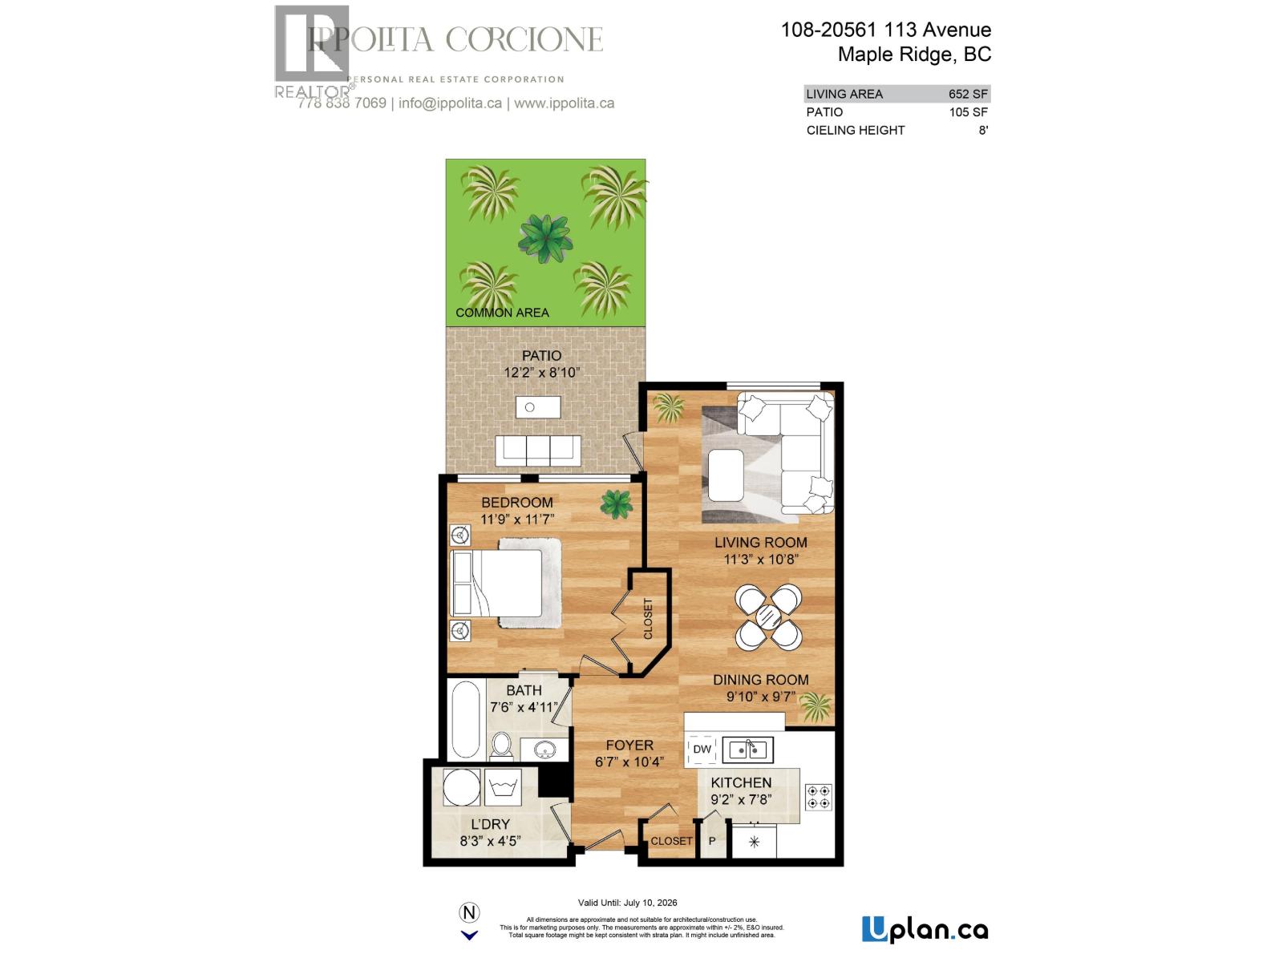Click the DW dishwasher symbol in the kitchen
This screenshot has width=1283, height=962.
click(702, 750)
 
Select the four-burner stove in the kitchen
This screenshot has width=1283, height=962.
click(819, 796)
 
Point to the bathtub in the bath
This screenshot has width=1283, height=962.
click(465, 719)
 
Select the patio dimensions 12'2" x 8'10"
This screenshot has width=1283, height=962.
click(542, 373)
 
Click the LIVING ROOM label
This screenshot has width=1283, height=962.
click(760, 543)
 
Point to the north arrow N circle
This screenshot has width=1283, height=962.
click(469, 912)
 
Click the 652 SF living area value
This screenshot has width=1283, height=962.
click(968, 94)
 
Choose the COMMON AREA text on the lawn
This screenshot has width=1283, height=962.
click(502, 313)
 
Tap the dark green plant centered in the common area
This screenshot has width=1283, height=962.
click(546, 238)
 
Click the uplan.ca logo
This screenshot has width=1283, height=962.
click(925, 930)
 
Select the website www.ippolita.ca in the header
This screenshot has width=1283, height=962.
click(564, 103)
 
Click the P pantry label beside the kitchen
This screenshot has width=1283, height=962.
click(711, 842)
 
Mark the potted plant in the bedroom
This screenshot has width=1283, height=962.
click(616, 503)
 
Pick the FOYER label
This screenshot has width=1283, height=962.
click(629, 745)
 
